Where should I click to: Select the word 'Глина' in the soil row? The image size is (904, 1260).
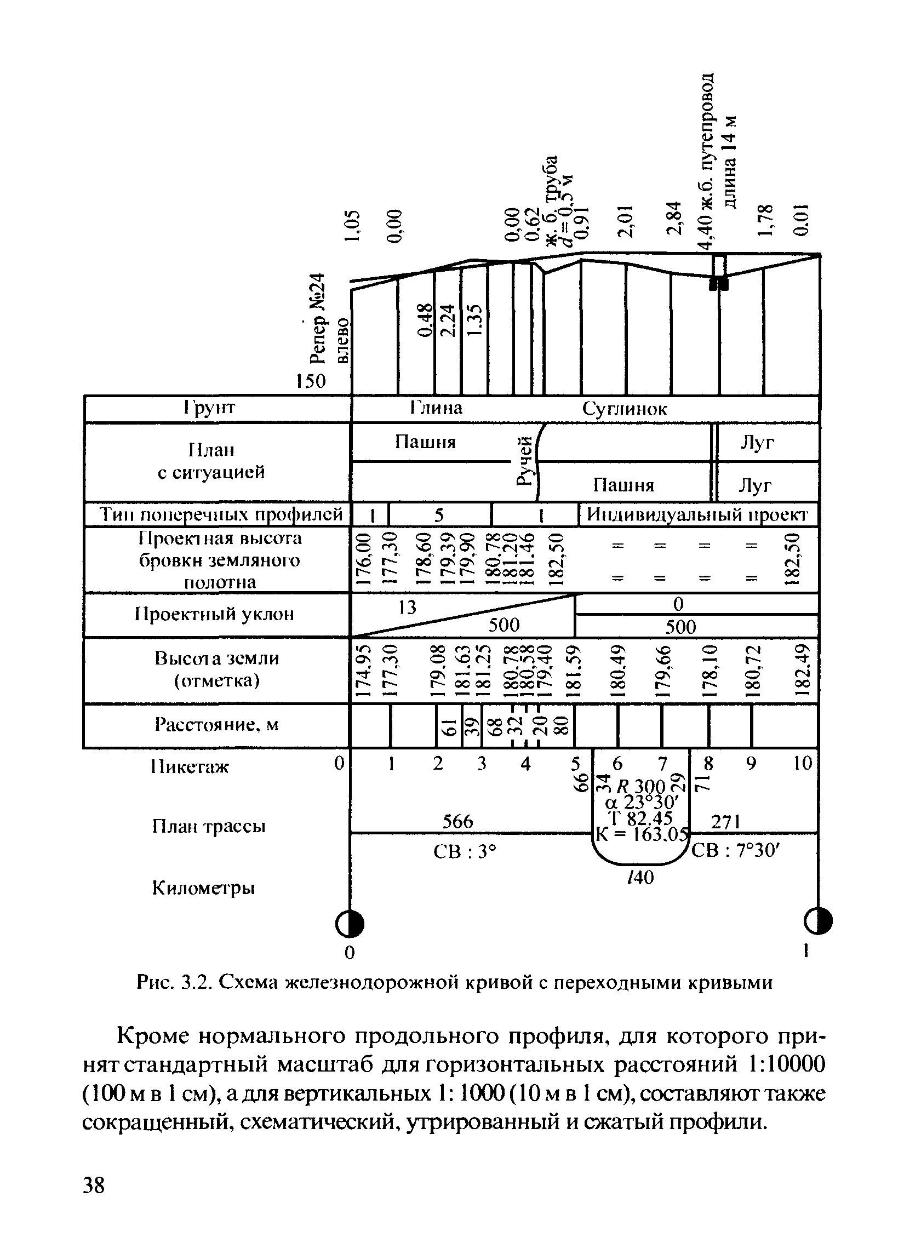point(436,409)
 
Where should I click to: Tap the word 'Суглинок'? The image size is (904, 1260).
point(625,409)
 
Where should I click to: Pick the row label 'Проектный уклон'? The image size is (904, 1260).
point(214,614)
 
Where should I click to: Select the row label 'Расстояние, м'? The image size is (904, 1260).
point(216,725)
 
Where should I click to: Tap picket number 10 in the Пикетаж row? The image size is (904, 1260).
point(803,763)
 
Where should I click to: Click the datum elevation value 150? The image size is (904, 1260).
point(311,381)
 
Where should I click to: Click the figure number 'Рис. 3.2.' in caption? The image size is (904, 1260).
point(174,983)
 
